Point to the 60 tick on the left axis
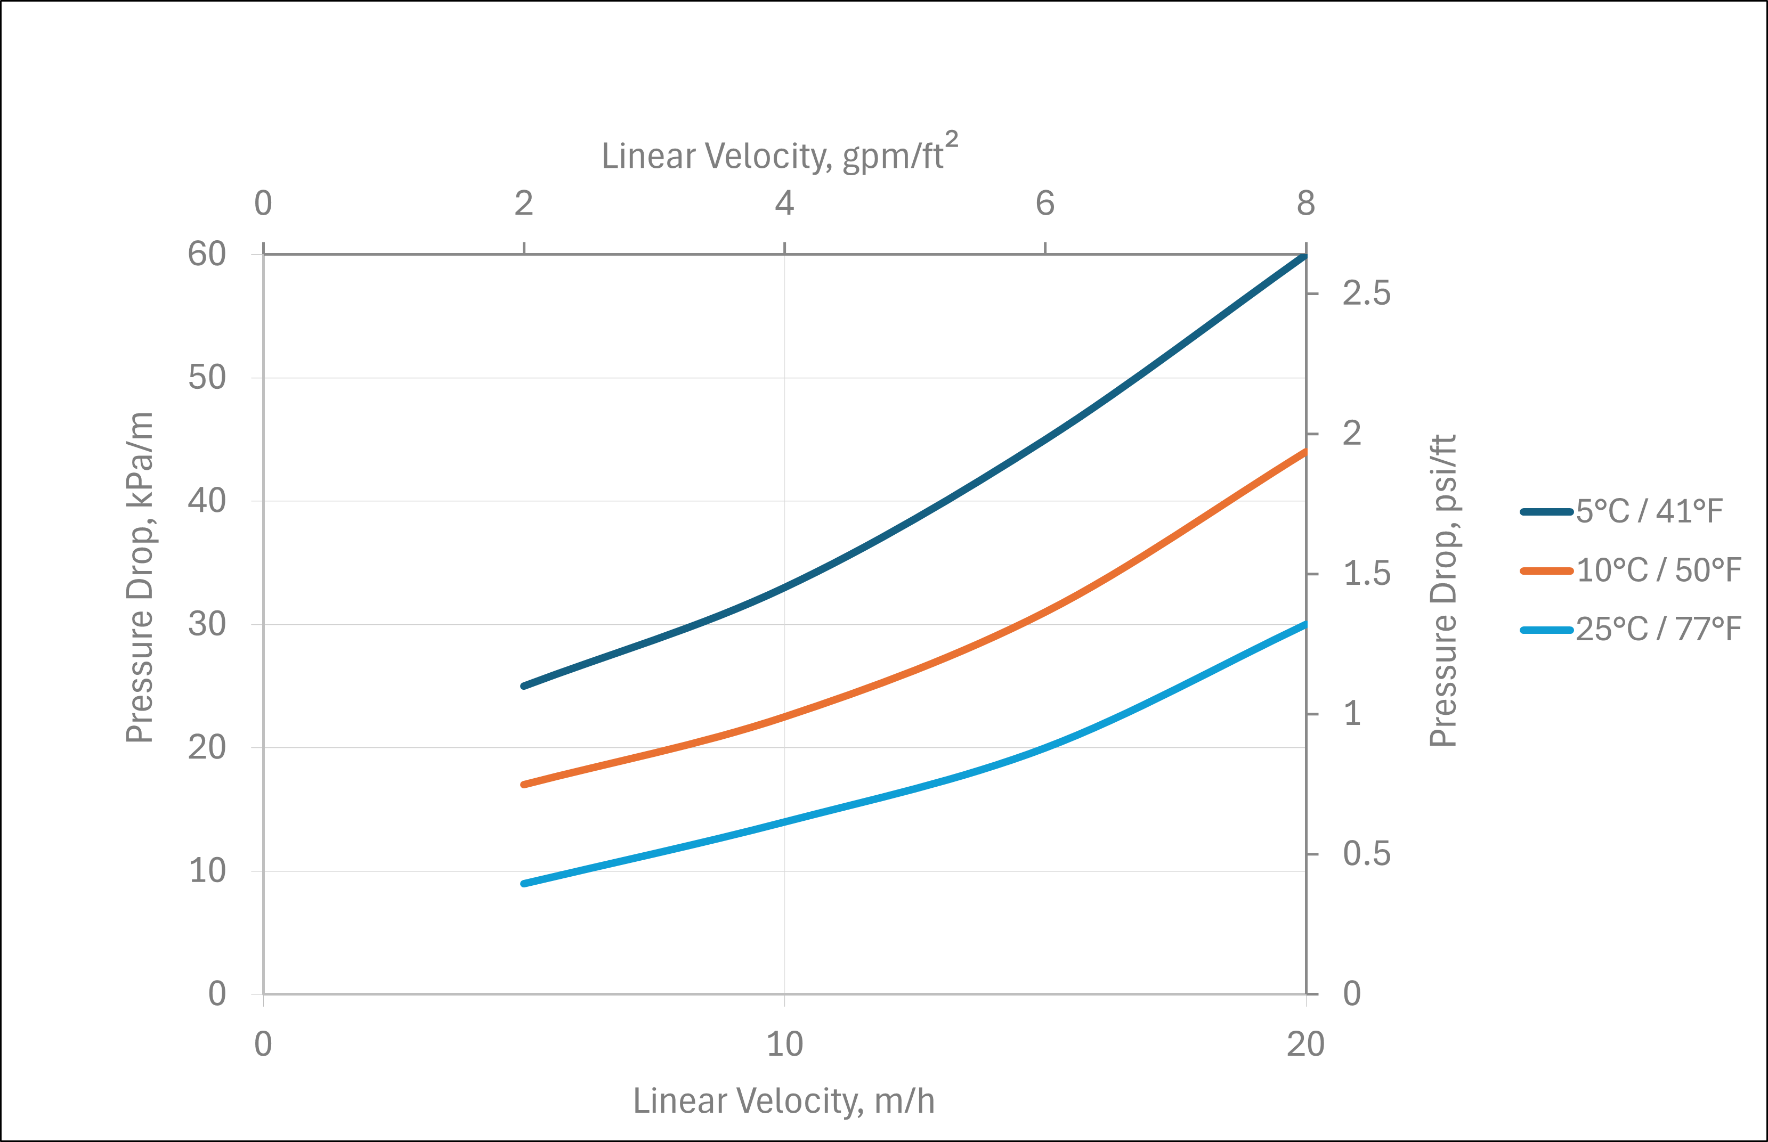(207, 255)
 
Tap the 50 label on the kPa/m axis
(207, 378)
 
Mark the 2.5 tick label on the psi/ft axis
(1366, 293)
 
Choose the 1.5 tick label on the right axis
(1366, 574)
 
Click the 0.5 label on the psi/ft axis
(1366, 854)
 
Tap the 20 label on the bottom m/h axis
(1305, 1045)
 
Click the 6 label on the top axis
(1045, 203)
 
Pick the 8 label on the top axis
(1306, 203)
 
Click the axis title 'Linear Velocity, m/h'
(784, 1101)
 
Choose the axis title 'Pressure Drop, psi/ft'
(1442, 590)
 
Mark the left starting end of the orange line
(524, 785)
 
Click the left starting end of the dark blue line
(524, 686)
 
